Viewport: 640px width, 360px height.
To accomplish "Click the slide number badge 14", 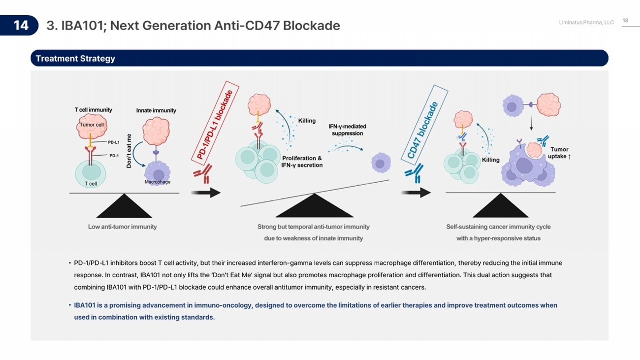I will (20, 26).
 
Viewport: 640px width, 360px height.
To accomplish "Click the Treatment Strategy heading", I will (75, 59).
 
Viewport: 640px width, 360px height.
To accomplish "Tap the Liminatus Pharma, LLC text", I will (586, 23).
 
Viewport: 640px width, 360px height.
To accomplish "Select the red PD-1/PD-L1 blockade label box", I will (215, 122).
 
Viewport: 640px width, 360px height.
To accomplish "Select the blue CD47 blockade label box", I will (424, 124).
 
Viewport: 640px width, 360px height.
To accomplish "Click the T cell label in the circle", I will (91, 184).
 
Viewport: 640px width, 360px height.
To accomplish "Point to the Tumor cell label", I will (92, 125).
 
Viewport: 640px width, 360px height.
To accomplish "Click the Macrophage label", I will (158, 182).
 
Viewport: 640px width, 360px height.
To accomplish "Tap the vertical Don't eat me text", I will (129, 151).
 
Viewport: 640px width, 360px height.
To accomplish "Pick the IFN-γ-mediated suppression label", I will (348, 130).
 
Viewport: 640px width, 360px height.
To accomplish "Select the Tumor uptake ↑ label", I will (559, 153).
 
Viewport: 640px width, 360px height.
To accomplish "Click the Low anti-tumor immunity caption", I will (123, 227).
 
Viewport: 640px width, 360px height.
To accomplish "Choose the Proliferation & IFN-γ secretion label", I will (302, 162).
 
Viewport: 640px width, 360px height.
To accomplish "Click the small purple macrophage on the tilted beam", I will (380, 163).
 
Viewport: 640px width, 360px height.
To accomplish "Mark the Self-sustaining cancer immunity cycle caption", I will (498, 227).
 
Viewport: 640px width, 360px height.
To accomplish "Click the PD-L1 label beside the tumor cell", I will (114, 142).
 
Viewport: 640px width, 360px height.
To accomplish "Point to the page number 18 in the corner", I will (626, 21).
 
